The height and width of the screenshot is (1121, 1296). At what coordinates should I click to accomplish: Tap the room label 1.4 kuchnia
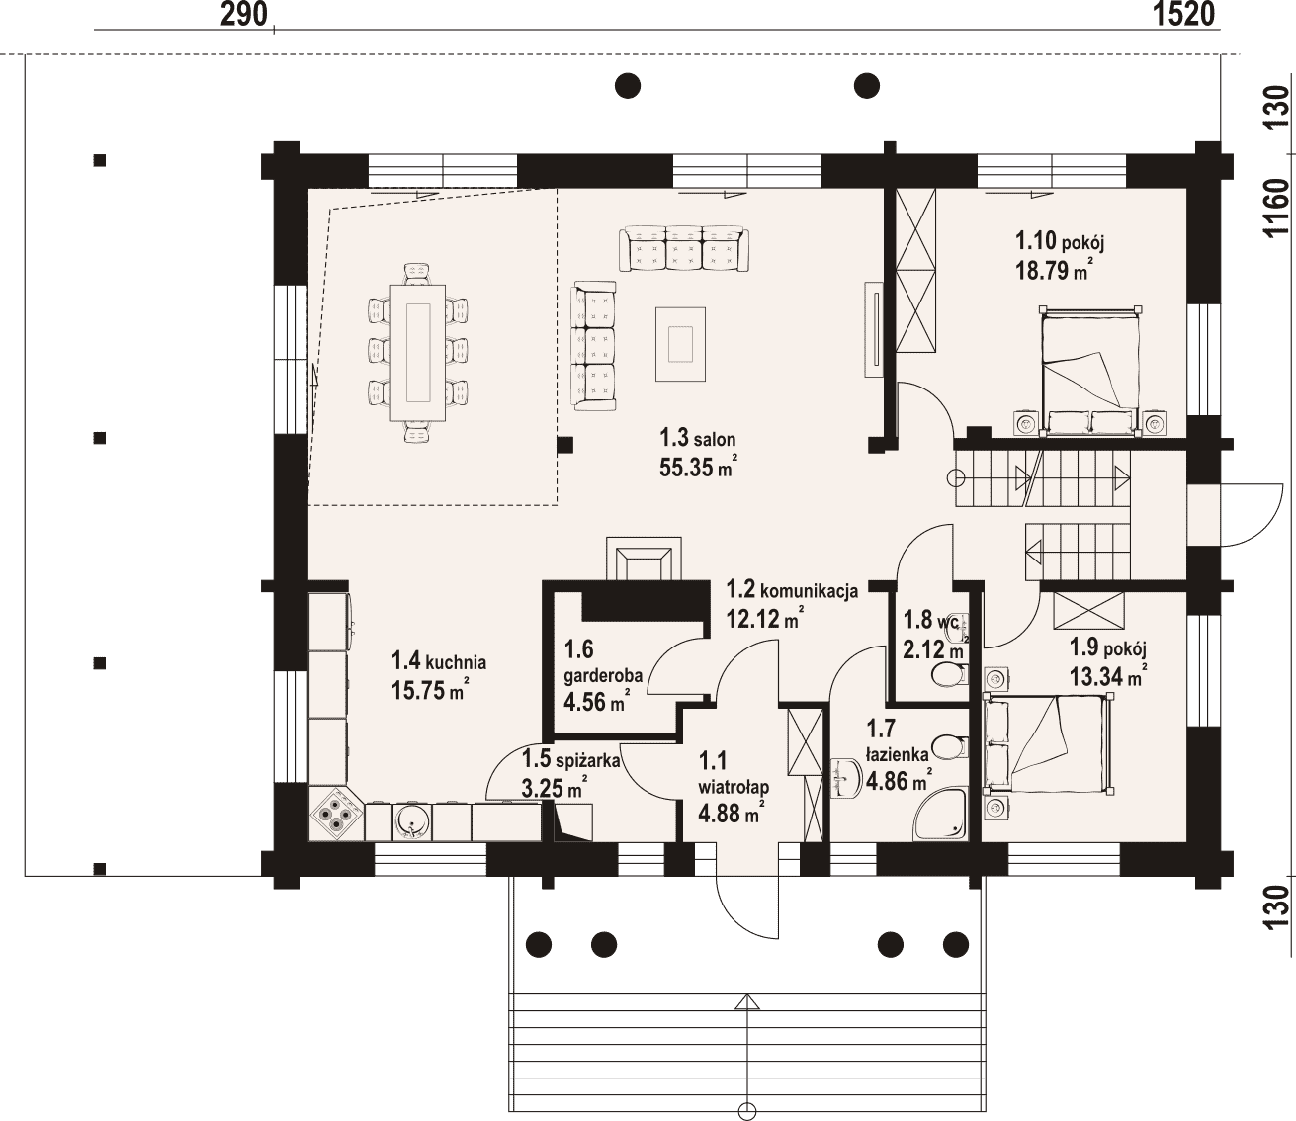439,660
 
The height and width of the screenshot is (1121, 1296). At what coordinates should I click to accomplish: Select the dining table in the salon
418,353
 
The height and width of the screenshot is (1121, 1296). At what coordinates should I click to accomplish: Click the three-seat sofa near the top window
684,249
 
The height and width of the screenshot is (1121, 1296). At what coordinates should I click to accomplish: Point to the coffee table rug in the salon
680,344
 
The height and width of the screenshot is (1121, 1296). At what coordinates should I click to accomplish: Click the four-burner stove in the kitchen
337,814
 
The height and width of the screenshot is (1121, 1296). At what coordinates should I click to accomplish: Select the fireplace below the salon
643,559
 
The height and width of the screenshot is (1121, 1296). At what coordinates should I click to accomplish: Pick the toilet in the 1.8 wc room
949,676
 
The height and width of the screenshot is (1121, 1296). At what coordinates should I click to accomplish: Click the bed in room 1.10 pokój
1089,371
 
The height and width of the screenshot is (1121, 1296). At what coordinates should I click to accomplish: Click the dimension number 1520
1183,14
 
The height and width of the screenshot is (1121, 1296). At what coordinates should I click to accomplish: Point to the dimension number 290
244,15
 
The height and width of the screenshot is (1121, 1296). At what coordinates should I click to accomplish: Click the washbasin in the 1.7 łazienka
844,778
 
